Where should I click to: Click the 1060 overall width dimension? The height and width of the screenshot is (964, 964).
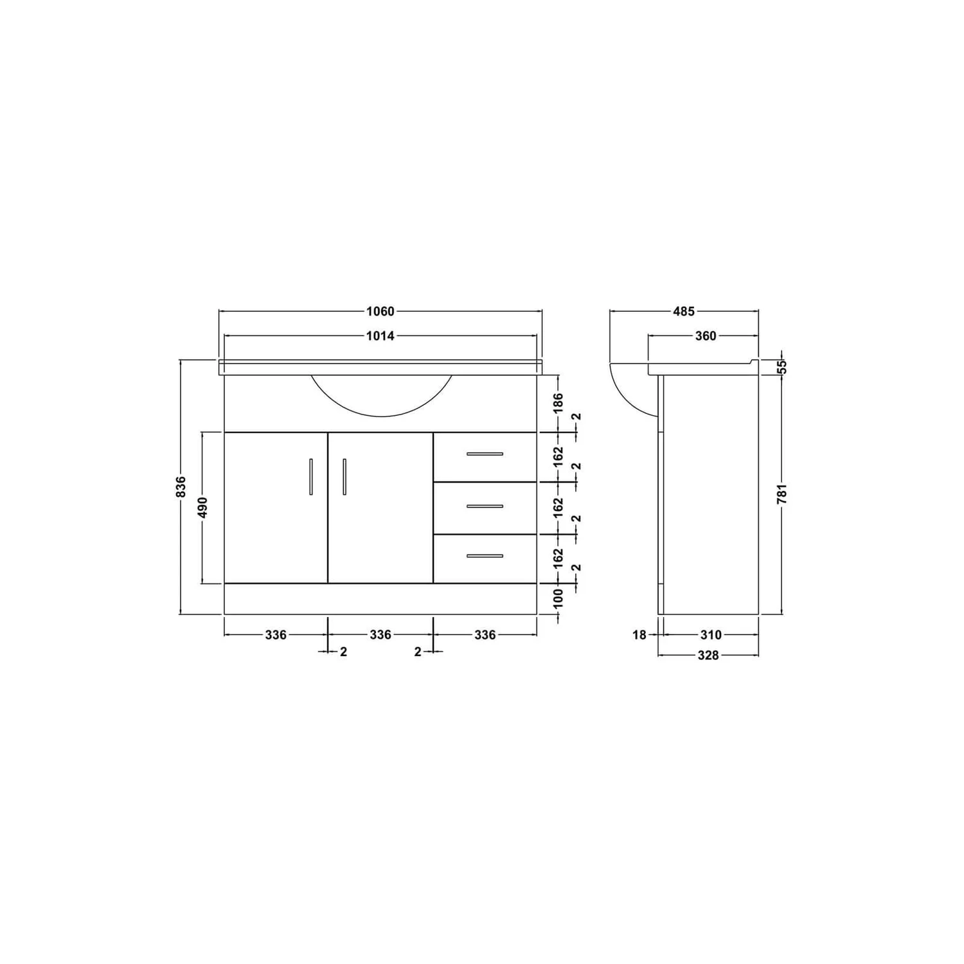[380, 312]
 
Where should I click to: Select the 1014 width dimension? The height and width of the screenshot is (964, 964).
[380, 335]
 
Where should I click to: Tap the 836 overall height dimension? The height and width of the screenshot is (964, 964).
[181, 486]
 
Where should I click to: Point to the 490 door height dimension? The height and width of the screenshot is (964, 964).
[202, 508]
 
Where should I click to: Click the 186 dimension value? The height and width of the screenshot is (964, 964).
[558, 404]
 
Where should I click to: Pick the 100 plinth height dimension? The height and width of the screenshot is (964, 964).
[558, 599]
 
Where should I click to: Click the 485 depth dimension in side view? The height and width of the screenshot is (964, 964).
[684, 312]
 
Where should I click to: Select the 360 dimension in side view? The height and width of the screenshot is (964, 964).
[706, 335]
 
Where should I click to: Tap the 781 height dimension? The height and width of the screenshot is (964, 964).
[781, 494]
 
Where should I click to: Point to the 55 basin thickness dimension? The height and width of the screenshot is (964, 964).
[781, 367]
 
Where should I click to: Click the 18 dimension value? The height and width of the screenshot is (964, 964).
[639, 635]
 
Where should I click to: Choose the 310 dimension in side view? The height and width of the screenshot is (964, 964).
[710, 635]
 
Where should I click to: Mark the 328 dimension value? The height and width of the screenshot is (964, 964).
[708, 656]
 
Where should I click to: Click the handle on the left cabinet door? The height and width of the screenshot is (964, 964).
[311, 477]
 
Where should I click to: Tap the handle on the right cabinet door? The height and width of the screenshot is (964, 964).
[344, 477]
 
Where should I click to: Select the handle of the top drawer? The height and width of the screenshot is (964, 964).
[485, 454]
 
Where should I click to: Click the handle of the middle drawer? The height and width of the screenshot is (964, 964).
[485, 506]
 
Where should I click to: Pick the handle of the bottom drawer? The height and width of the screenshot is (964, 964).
[485, 556]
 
